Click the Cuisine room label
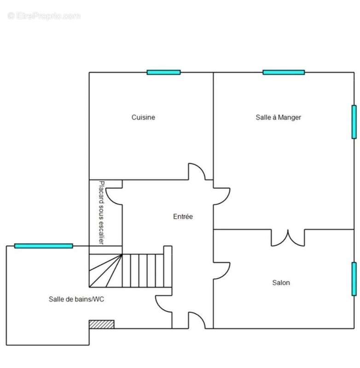(143, 117)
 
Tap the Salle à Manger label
(278, 117)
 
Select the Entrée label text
(183, 216)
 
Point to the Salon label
(281, 282)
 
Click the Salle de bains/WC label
(76, 299)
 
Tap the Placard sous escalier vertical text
(101, 213)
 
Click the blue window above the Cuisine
(164, 72)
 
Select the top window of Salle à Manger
(284, 72)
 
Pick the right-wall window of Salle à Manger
(354, 122)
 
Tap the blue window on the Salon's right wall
(354, 279)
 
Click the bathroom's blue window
(43, 246)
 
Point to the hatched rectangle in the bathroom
(101, 324)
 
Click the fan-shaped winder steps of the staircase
(106, 270)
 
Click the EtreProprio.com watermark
(44, 16)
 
